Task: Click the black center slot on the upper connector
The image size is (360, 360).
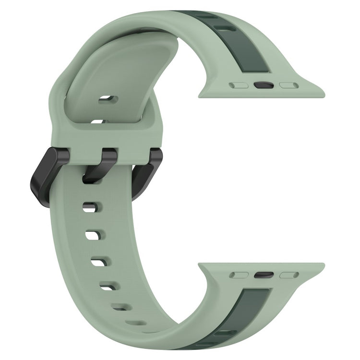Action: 264,85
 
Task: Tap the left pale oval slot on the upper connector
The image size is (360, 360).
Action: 239,85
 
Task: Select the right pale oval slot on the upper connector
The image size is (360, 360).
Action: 289,85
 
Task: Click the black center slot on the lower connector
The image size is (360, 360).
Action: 264,275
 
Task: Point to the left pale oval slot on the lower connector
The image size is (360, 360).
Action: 239,275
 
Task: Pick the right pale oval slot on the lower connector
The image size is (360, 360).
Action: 289,275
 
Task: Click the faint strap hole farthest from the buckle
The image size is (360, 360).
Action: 136,323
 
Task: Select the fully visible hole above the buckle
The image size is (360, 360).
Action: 108,100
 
